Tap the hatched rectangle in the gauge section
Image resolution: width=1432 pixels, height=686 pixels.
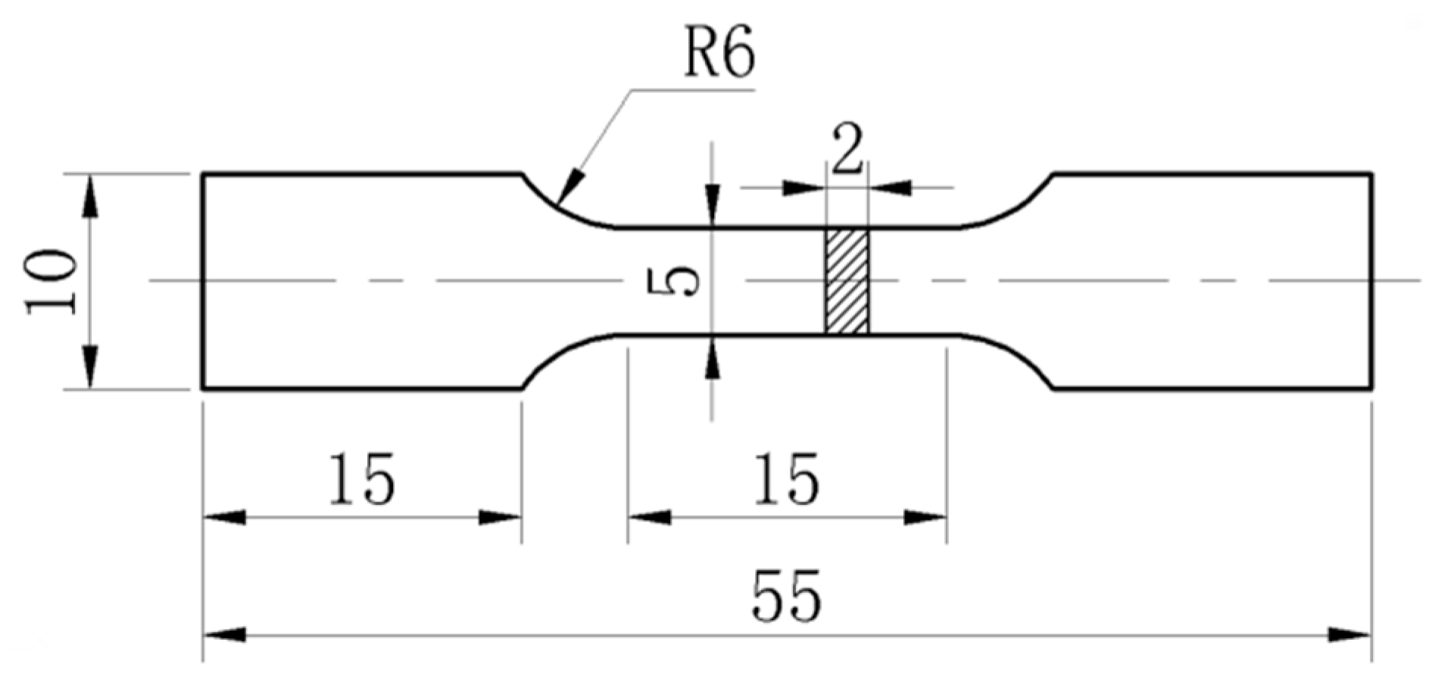click(847, 281)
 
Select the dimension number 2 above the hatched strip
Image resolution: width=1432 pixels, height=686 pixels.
click(847, 149)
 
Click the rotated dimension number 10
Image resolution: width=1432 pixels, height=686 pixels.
click(51, 282)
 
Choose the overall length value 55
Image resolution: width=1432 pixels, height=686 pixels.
click(785, 597)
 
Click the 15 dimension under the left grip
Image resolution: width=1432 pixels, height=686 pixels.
click(361, 480)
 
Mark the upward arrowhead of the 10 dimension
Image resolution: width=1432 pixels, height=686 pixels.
click(90, 191)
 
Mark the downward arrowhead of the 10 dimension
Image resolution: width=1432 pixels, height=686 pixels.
click(90, 371)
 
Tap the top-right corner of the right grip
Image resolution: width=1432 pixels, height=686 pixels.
click(1371, 175)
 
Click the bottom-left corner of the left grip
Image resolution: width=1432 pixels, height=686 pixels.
click(203, 388)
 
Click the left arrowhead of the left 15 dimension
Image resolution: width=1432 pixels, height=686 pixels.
click(224, 518)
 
